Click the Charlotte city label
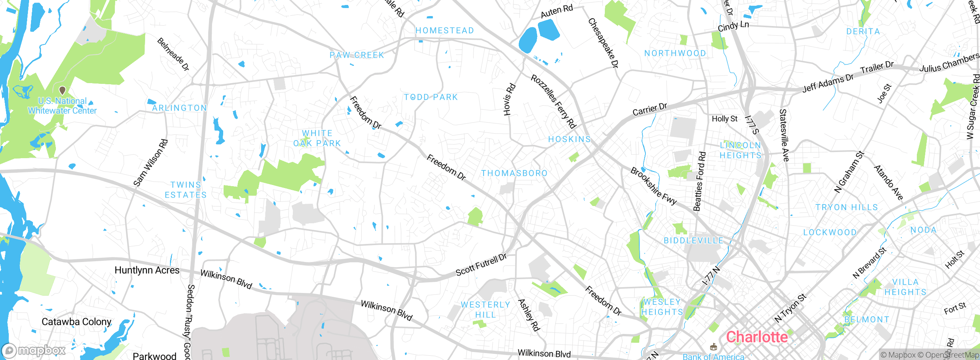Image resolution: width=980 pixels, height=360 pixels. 757,337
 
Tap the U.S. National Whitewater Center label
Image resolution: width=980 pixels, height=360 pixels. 62,106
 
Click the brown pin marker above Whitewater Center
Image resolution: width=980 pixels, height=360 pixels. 62,90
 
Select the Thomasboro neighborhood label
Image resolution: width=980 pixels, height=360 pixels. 514,173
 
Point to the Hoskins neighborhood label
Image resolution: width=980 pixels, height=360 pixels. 569,139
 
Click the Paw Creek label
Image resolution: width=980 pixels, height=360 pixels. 357,55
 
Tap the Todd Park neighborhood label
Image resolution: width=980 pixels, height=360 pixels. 431,97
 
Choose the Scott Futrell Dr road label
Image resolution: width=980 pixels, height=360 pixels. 481,265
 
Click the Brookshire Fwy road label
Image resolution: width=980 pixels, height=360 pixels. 653,186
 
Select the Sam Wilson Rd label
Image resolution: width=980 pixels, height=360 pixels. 150,163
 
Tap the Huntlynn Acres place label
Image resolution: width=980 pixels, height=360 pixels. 147,270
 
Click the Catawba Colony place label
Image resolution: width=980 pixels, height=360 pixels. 77,322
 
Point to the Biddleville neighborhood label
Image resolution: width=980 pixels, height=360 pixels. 693,241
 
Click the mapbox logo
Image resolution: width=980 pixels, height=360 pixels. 34,350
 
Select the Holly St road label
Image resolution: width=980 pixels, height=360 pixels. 724,119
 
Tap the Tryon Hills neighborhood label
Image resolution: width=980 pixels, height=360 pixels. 846,208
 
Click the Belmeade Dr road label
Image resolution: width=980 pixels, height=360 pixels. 173,54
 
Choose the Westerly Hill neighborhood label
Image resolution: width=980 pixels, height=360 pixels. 485,310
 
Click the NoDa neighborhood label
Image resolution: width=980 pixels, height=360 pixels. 923,230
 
